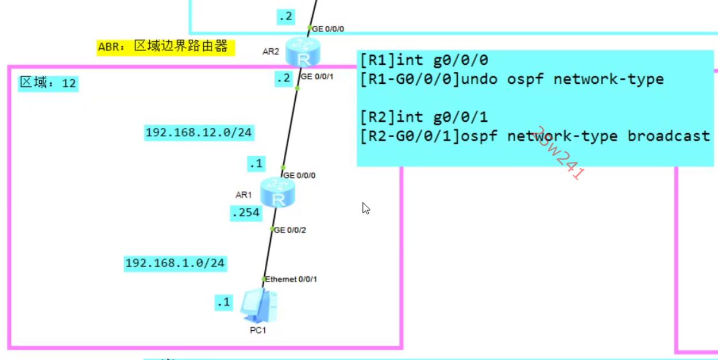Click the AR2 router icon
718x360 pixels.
[x=303, y=53]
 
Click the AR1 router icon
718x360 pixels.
[x=277, y=192]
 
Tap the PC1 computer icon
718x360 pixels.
[x=258, y=307]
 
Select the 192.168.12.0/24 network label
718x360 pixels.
[x=199, y=133]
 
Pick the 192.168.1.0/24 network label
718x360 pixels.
[x=175, y=264]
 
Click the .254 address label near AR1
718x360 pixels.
[x=245, y=213]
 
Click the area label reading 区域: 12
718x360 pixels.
[x=48, y=83]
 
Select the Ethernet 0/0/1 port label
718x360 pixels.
[x=291, y=279]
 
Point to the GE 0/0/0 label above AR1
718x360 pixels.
[x=299, y=175]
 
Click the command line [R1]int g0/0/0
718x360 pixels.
[x=424, y=60]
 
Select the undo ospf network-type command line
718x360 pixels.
[x=512, y=79]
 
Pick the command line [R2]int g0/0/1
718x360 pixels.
[x=424, y=117]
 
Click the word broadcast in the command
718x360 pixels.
[x=669, y=136]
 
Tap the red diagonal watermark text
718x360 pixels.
[x=558, y=153]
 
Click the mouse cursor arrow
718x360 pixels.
[x=365, y=208]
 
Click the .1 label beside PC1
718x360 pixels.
[x=223, y=302]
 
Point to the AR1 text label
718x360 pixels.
[x=244, y=195]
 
